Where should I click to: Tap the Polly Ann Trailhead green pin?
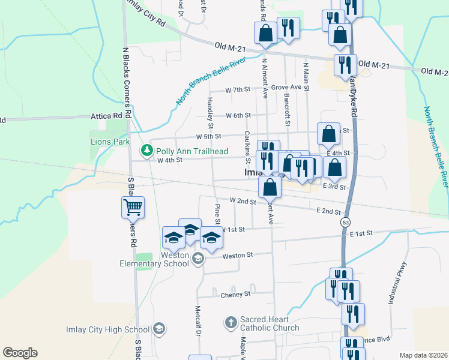[x=144, y=149]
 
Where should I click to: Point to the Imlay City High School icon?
[x=159, y=329]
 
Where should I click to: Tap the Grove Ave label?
[x=286, y=87]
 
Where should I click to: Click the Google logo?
[x=20, y=353]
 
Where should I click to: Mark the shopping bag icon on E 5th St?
[x=328, y=134]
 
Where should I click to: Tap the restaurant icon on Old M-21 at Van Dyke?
[x=344, y=65]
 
